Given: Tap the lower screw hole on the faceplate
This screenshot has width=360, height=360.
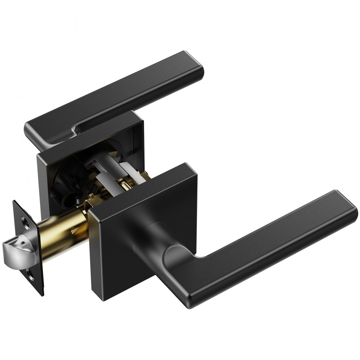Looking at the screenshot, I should (x=31, y=277).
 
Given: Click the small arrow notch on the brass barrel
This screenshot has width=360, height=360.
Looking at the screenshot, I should (x=75, y=229).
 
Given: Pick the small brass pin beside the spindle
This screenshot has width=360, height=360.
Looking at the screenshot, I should (x=126, y=187).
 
